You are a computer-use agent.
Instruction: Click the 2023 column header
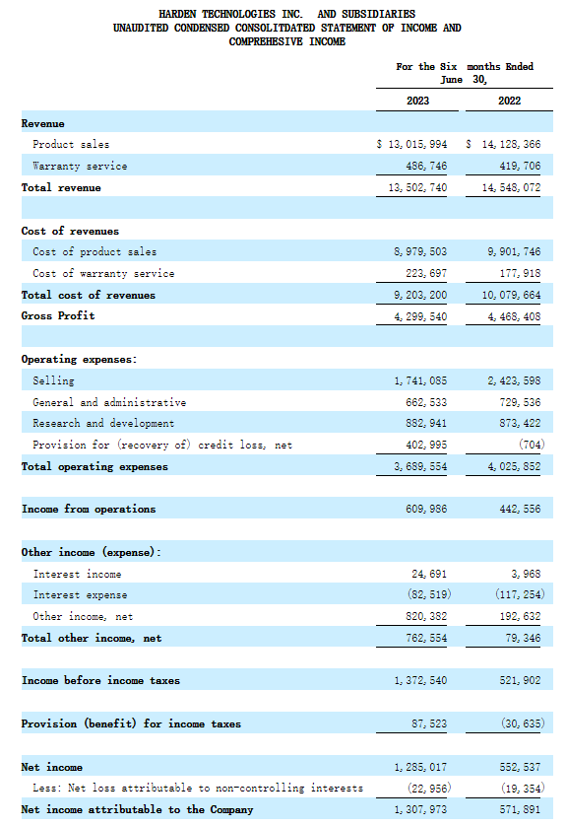point(417,101)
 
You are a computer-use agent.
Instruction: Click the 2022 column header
point(509,101)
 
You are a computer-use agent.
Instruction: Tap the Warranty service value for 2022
point(520,166)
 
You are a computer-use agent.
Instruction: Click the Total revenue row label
point(61,187)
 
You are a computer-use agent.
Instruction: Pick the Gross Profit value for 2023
point(420,316)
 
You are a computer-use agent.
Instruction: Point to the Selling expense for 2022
point(514,380)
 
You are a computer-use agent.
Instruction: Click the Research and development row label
point(103,423)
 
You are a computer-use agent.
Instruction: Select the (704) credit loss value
point(532,445)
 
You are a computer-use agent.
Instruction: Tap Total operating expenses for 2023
point(420,466)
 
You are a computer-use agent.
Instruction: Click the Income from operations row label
point(89,509)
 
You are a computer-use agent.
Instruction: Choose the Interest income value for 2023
point(429,574)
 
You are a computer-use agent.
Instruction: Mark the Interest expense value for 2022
point(520,594)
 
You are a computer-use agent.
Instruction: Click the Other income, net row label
point(83,616)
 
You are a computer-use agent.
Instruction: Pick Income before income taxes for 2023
point(420,680)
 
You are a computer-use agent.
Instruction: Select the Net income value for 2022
point(520,767)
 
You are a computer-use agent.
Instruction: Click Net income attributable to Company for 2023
point(420,809)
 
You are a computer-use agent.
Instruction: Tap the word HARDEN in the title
point(177,14)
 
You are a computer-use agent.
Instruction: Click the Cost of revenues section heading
point(70,231)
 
